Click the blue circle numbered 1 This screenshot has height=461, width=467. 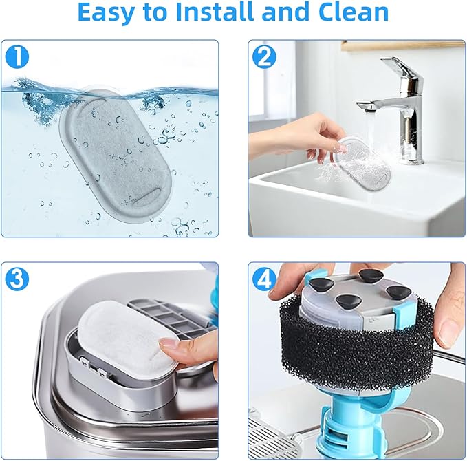tap(17, 57)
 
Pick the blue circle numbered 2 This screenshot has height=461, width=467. tap(263, 57)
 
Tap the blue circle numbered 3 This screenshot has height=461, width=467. tap(17, 279)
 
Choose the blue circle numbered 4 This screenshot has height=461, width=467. tap(263, 279)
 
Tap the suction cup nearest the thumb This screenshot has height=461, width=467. tap(399, 291)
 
